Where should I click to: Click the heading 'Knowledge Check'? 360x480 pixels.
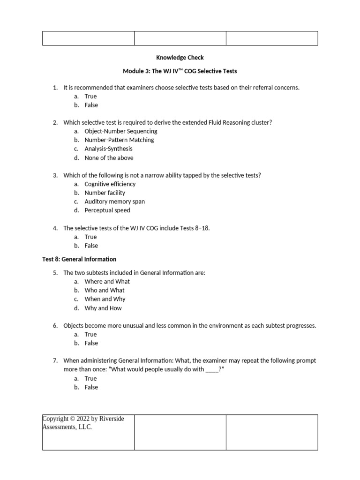(180, 58)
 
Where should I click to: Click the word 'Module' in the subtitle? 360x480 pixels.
(133, 71)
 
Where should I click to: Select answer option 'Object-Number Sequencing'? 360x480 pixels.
(121, 131)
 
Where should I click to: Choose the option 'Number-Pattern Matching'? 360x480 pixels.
(119, 140)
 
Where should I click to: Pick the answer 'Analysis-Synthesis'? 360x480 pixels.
(108, 149)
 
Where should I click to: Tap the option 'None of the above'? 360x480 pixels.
(109, 158)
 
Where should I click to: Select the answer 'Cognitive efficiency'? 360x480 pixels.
(110, 184)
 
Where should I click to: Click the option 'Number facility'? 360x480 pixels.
(105, 193)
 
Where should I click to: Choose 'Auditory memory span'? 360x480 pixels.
(114, 202)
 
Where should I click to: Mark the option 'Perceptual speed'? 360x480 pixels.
(107, 210)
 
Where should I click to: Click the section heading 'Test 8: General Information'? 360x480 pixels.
(79, 259)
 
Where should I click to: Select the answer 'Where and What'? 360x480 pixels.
(107, 282)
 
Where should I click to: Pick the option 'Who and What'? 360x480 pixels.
(105, 290)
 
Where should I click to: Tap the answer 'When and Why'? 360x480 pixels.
(105, 299)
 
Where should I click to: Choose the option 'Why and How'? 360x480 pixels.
(103, 308)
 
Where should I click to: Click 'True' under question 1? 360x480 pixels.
(90, 97)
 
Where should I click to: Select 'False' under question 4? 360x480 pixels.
(91, 246)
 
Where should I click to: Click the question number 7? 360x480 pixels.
(55, 361)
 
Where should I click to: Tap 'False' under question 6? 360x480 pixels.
(91, 343)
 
